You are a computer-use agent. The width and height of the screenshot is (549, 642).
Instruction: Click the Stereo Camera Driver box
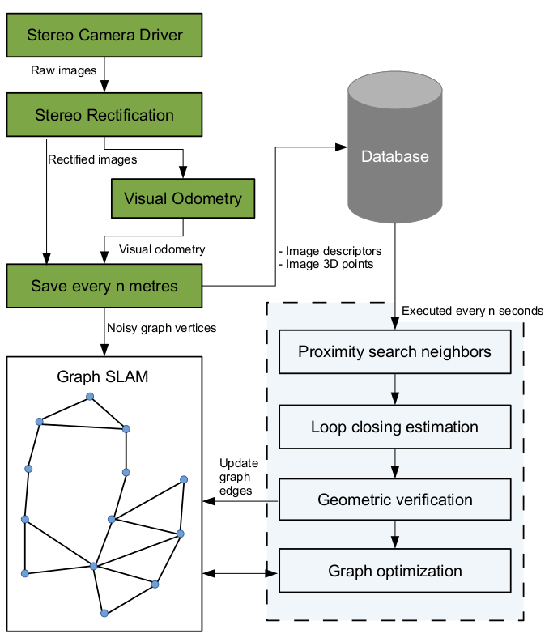(x=104, y=35)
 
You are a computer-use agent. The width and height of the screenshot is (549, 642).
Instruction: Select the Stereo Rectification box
(x=104, y=115)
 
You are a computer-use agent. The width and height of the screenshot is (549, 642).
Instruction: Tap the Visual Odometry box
(x=183, y=198)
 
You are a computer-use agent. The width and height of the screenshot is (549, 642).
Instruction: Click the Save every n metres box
(x=104, y=286)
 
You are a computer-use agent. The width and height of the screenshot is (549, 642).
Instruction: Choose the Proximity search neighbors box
(x=394, y=352)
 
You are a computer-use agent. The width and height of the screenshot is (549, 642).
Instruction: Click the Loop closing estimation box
(x=394, y=427)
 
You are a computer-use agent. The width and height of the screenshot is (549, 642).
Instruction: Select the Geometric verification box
(x=394, y=500)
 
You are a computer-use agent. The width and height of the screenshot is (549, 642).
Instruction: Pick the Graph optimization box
(x=394, y=571)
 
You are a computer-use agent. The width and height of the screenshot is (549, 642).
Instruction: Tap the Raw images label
(x=64, y=70)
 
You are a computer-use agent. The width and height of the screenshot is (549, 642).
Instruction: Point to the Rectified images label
(x=92, y=159)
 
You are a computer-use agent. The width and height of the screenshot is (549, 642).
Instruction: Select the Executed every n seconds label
(x=472, y=310)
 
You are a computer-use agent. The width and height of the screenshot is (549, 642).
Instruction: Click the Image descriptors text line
(x=330, y=251)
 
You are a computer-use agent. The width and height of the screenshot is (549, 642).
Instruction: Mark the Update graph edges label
(x=240, y=477)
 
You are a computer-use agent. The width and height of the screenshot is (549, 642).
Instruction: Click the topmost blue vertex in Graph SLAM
(x=90, y=397)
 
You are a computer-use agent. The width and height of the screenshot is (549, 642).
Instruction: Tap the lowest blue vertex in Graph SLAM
(x=104, y=614)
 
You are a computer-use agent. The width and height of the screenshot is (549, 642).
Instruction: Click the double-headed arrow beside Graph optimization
(x=240, y=572)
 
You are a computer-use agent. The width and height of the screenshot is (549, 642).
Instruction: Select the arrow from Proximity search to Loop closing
(x=394, y=389)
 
